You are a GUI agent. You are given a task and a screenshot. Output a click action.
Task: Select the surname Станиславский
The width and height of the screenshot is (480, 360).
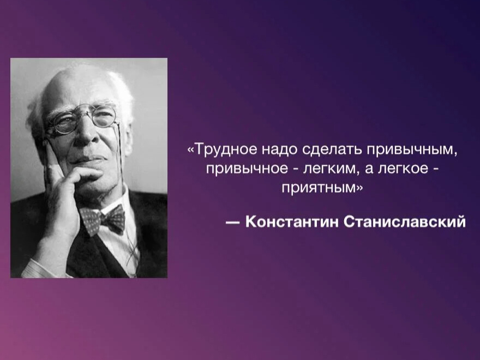(x=406, y=222)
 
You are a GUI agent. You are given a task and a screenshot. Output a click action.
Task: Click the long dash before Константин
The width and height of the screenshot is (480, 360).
(x=232, y=223)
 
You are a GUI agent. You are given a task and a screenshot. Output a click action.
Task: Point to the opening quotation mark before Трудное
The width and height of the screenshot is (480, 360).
(x=191, y=149)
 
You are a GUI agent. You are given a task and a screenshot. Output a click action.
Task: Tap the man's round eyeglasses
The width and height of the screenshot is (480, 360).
(x=82, y=119)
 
